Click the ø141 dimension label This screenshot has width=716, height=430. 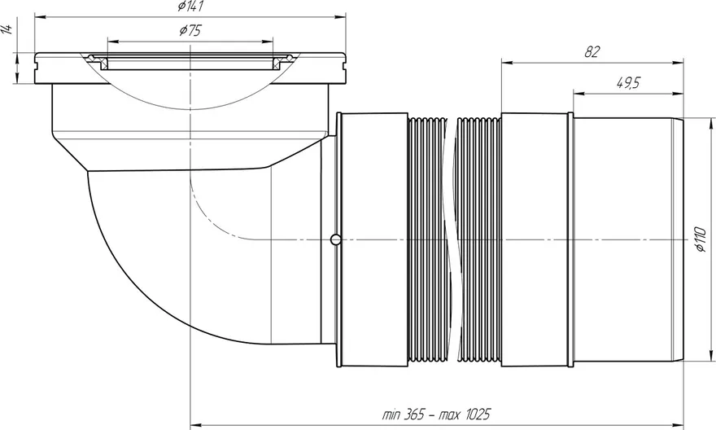190,6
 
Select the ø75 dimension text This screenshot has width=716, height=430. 190,31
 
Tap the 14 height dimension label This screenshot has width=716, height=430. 7,29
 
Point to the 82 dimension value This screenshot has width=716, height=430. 592,52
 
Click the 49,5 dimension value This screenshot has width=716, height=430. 628,83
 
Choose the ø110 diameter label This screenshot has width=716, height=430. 701,239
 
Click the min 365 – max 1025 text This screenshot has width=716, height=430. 436,414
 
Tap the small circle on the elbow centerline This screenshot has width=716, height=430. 335,239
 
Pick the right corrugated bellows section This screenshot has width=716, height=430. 478,241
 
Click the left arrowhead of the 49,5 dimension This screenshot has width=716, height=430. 579,94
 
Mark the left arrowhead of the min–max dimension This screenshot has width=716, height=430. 196,425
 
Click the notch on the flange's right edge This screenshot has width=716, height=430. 343,65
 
